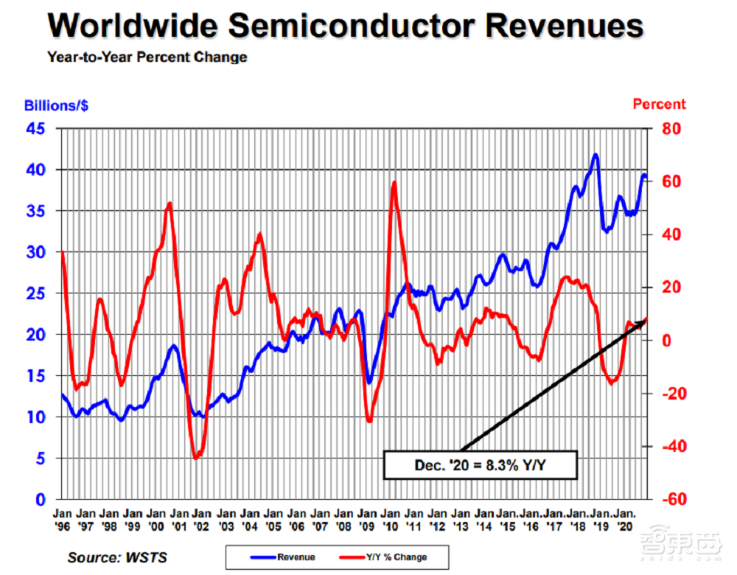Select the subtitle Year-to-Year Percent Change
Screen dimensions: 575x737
[147, 57]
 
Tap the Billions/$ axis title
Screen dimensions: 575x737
[56, 105]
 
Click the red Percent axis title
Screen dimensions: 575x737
[659, 105]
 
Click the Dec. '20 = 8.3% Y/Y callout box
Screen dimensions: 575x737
[480, 465]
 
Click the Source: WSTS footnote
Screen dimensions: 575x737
[117, 557]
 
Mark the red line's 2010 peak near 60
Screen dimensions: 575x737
[394, 183]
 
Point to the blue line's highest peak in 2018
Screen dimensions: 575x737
[595, 156]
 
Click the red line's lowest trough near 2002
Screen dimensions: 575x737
[196, 459]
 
